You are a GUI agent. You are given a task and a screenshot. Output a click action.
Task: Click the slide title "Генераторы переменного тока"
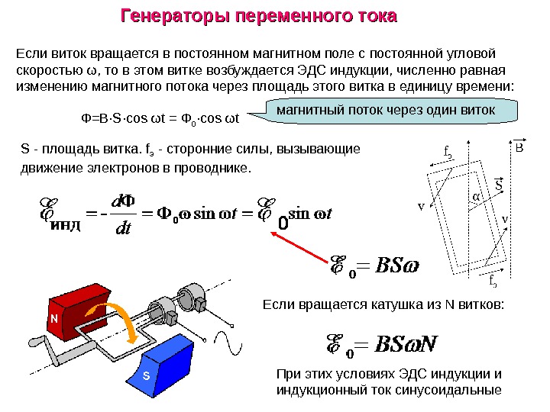[x=260, y=16]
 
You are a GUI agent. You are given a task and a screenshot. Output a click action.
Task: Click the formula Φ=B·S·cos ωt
[x=160, y=118]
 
